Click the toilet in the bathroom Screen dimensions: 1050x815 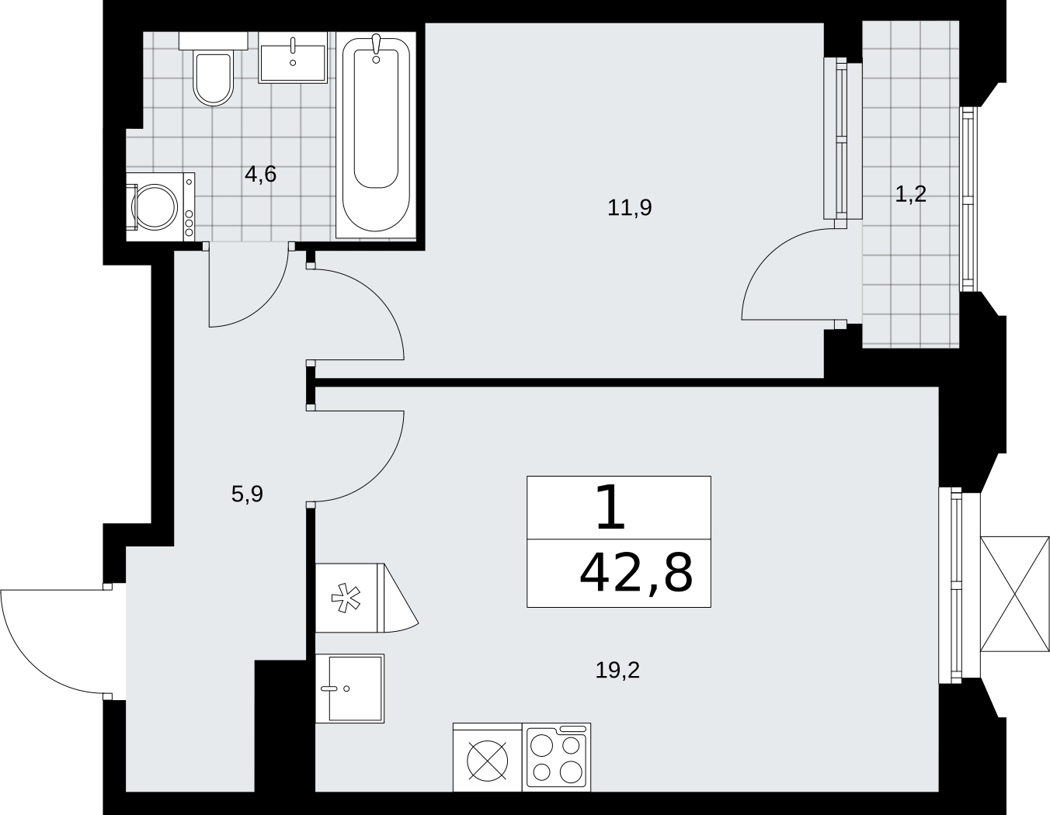[213, 68]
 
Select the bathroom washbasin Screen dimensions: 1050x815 [293, 57]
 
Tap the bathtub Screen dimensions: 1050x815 [376, 135]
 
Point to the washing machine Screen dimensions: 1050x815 [161, 206]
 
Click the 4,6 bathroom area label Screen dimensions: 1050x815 [260, 175]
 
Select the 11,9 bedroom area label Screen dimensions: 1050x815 [630, 207]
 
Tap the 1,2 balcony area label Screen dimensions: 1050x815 [911, 195]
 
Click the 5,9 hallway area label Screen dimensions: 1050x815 [247, 494]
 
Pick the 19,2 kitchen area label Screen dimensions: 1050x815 [617, 670]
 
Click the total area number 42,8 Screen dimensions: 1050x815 [636, 574]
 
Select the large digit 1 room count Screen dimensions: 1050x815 [610, 507]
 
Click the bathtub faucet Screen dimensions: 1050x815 [376, 48]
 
